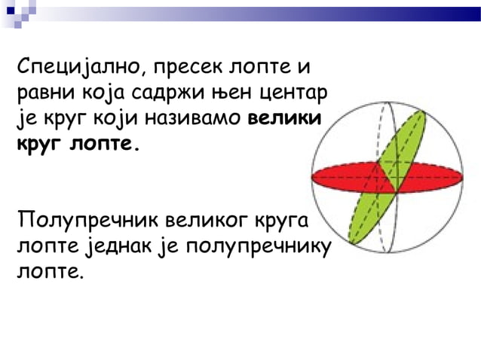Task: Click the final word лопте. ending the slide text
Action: [51, 270]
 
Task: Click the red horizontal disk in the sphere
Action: [339, 178]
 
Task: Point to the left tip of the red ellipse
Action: [314, 178]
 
